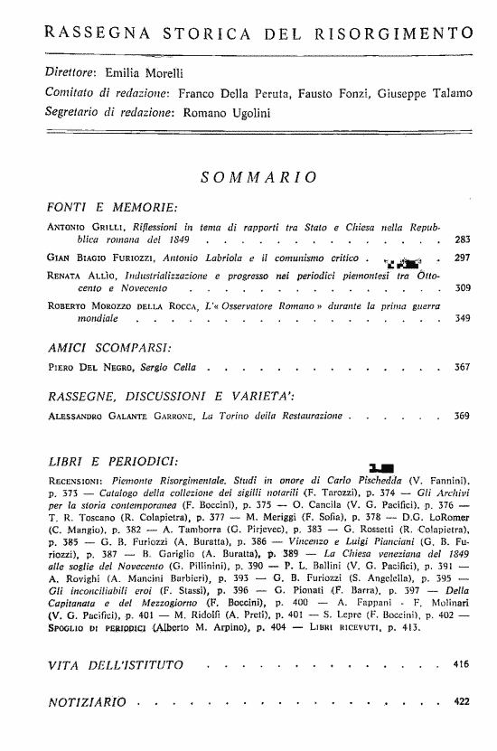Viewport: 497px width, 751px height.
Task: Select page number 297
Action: pyautogui.click(x=462, y=258)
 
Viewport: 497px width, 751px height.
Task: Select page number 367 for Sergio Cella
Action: pyautogui.click(x=462, y=368)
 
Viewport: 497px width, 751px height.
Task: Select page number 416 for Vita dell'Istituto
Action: pyautogui.click(x=462, y=665)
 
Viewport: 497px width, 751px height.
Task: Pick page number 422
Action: pyautogui.click(x=462, y=701)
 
